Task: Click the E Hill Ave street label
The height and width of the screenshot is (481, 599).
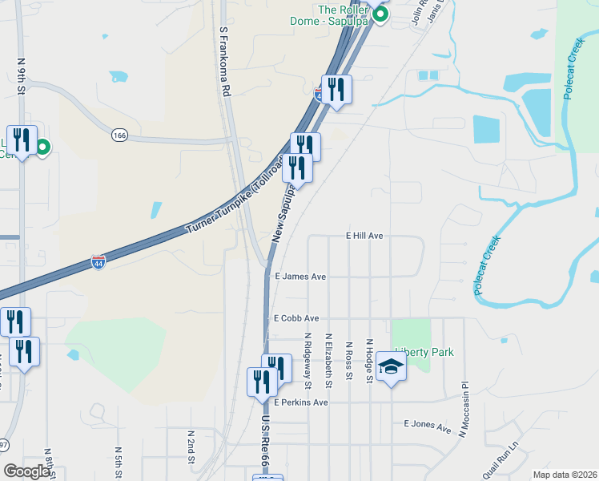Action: pyautogui.click(x=365, y=236)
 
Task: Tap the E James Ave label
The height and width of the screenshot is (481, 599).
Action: pyautogui.click(x=300, y=277)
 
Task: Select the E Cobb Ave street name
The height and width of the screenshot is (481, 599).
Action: pyautogui.click(x=296, y=318)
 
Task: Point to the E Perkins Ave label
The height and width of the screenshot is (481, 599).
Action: pyautogui.click(x=301, y=402)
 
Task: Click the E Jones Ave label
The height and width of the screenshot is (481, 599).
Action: pyautogui.click(x=428, y=425)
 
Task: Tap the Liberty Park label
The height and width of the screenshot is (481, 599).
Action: pyautogui.click(x=424, y=352)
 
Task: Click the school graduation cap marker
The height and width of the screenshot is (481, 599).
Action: pyautogui.click(x=391, y=367)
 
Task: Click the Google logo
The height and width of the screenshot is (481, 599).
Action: pyautogui.click(x=27, y=471)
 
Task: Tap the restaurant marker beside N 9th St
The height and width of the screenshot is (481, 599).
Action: pyautogui.click(x=22, y=140)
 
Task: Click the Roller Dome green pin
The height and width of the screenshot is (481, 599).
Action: pyautogui.click(x=382, y=14)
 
